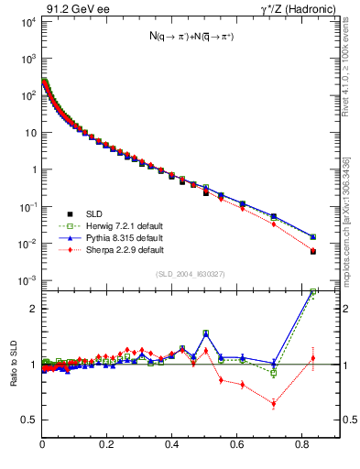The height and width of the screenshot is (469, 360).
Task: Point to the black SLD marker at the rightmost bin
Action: pyautogui.click(x=313, y=251)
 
